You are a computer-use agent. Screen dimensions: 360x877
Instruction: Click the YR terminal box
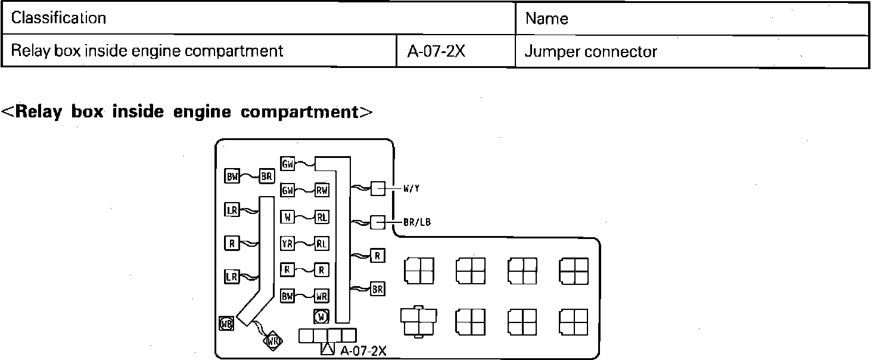coord(287,243)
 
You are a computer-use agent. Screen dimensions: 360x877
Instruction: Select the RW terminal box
coord(322,190)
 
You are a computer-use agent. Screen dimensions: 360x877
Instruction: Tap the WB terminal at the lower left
coord(226,323)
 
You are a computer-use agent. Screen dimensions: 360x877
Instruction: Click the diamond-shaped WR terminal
coord(273,341)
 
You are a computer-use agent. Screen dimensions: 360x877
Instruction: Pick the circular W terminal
coord(321,316)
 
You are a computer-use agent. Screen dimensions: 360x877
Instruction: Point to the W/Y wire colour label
coord(411,189)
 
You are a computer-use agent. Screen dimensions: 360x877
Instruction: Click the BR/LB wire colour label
coord(417,222)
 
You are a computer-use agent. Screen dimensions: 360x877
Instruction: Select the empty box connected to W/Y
coord(378,189)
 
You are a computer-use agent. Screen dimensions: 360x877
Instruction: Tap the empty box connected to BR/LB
coord(378,222)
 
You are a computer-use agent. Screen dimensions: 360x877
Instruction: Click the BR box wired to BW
coord(266,176)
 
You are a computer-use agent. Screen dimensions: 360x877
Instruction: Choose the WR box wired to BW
coord(322,296)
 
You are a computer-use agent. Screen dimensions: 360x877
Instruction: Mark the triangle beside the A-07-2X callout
coord(328,349)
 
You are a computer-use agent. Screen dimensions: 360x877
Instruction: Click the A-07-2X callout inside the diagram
coord(363,350)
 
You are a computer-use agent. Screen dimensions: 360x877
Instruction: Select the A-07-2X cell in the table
coord(436,51)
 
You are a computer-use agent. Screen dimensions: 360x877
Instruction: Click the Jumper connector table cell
coord(590,52)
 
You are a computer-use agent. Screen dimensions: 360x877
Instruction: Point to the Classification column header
coord(58,18)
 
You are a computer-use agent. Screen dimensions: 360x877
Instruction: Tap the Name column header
coord(546,18)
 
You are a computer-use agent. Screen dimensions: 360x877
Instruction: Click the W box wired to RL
coord(287,217)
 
